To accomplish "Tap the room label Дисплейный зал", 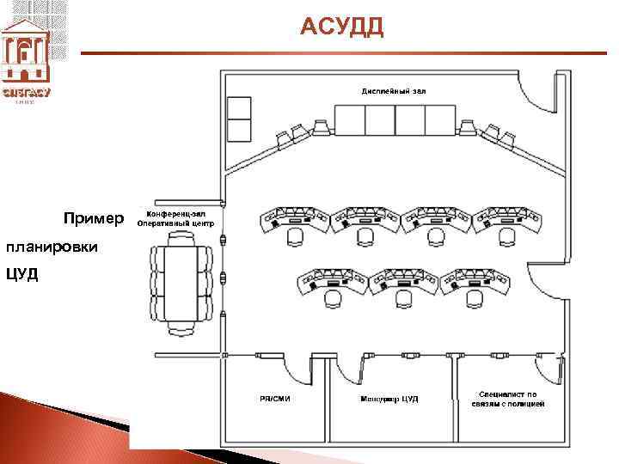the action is tap(393, 89).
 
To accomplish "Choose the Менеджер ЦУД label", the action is tap(389, 398).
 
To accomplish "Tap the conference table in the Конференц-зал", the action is tap(181, 280).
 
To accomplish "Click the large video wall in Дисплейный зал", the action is tap(394, 119).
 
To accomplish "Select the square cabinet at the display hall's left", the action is tap(238, 119).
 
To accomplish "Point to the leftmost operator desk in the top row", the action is tap(294, 220).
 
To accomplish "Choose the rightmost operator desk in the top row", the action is tap(506, 220).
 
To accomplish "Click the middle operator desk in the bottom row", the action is tap(402, 284).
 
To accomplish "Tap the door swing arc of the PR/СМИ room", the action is tap(298, 371).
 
